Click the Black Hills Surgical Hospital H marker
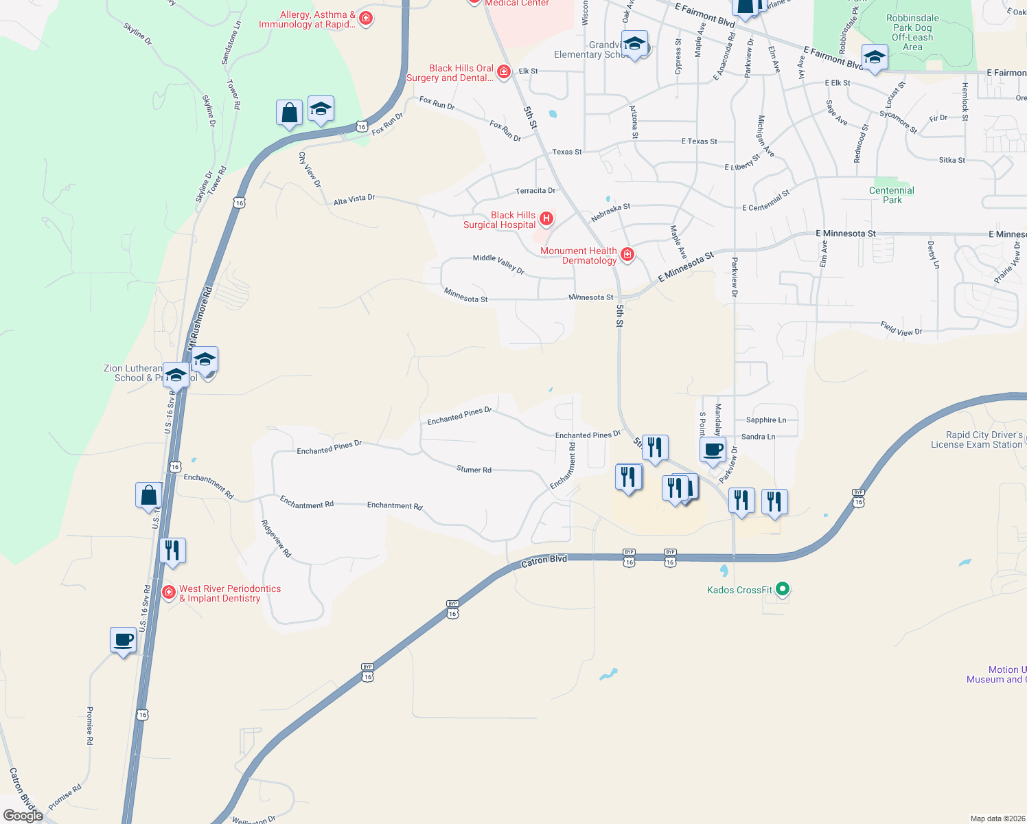click(546, 219)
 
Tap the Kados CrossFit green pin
click(783, 589)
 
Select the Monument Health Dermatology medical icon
click(627, 255)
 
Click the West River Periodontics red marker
click(169, 592)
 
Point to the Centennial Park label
click(892, 195)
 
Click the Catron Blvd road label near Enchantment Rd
click(544, 560)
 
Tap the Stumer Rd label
click(474, 470)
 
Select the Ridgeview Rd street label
click(276, 538)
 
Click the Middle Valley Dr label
click(498, 264)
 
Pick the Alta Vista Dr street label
click(354, 199)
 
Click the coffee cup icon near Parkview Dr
click(713, 450)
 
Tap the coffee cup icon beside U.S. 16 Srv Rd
click(124, 640)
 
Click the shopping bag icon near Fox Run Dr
click(289, 113)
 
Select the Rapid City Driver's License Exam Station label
click(976, 439)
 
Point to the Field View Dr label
click(901, 329)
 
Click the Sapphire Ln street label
click(766, 420)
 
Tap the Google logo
click(23, 816)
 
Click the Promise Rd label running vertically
click(90, 726)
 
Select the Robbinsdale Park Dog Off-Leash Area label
click(912, 33)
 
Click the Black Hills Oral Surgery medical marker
click(504, 71)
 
